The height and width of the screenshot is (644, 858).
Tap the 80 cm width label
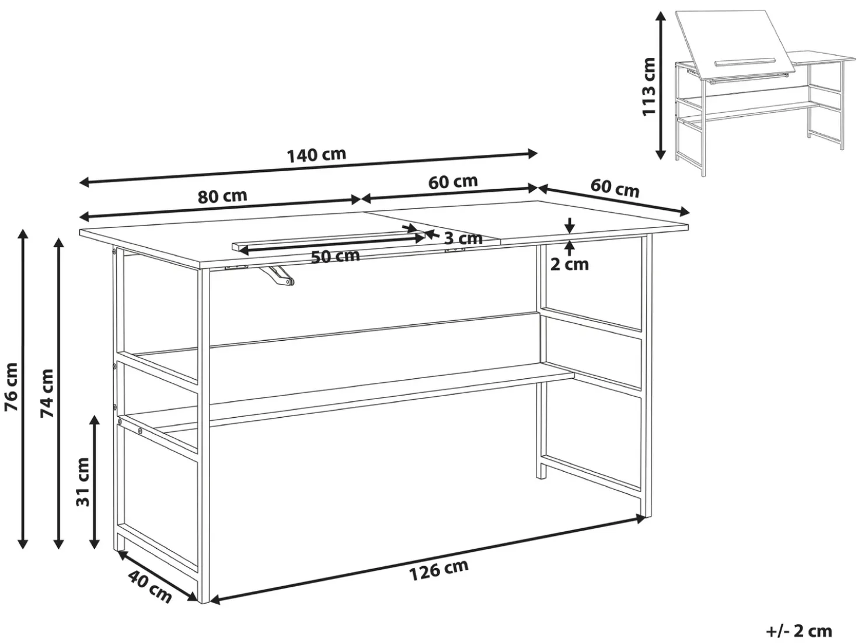pyautogui.click(x=222, y=196)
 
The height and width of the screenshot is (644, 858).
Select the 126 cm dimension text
pyautogui.click(x=438, y=570)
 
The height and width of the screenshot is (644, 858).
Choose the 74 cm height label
pyautogui.click(x=47, y=393)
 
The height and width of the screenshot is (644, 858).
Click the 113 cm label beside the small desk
pyautogui.click(x=648, y=86)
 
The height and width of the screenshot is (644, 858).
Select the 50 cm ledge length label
pyautogui.click(x=336, y=257)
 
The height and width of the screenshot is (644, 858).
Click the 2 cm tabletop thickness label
pyautogui.click(x=569, y=265)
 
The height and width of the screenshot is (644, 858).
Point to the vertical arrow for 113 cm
pyautogui.click(x=660, y=85)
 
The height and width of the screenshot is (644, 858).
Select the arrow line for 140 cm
pyautogui.click(x=309, y=168)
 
